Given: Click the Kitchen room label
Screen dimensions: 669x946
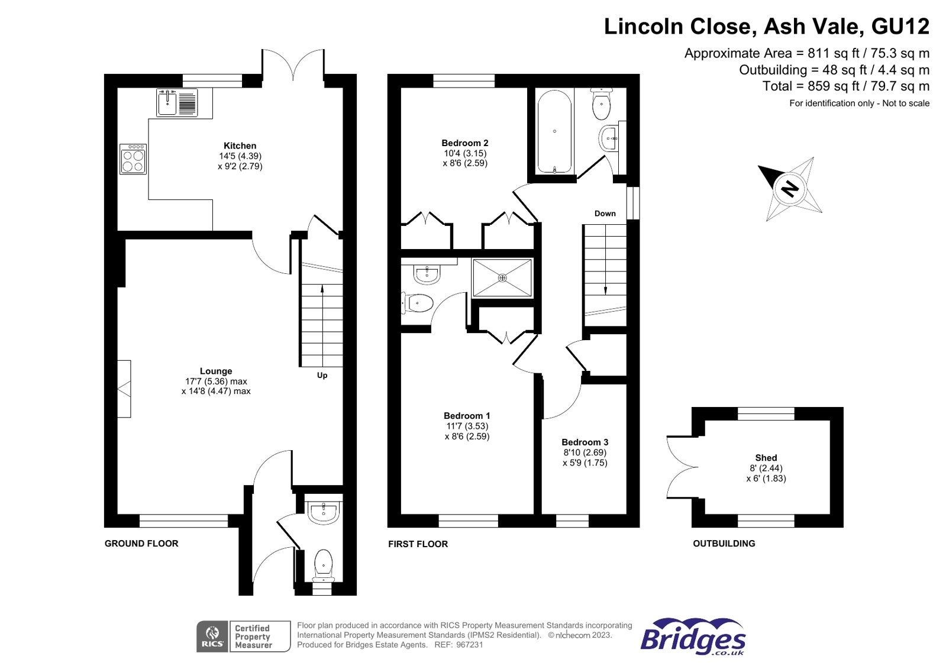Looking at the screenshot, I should (240, 146).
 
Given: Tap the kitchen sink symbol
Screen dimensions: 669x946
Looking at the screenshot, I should (167, 103).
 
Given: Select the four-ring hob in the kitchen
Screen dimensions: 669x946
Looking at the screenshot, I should (133, 160).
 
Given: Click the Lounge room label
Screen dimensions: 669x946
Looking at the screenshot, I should (216, 371).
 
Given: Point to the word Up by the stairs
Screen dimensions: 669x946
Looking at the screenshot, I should (322, 375).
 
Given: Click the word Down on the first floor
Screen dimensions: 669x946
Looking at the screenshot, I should (605, 214).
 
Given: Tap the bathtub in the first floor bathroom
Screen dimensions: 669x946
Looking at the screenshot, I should (554, 131).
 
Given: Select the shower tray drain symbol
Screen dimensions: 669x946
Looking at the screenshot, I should (502, 277).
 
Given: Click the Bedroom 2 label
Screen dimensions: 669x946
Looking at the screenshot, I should (465, 143).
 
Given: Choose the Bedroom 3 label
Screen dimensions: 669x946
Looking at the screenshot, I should (585, 442).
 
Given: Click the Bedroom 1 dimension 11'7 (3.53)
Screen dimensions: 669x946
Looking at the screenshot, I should (467, 426).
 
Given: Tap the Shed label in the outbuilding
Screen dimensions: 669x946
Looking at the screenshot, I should (766, 457).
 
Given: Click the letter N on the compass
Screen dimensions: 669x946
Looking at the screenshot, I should (790, 189).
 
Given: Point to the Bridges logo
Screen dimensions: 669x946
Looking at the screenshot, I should (692, 637).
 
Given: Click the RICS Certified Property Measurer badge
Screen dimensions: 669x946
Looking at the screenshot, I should (243, 636).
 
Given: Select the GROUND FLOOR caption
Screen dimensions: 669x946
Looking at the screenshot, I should (141, 543).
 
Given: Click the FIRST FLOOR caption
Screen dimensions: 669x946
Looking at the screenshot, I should (418, 544).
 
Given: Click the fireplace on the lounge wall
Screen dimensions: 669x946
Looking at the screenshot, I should (124, 389).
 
